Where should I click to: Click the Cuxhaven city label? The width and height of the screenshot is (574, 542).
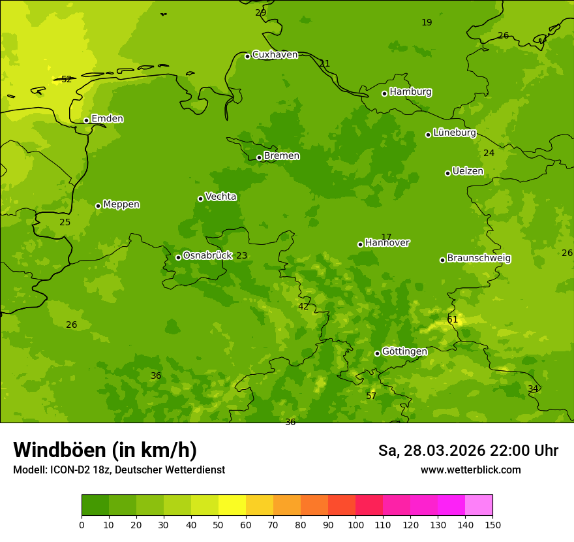point(275,55)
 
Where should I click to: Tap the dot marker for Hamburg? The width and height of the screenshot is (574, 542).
point(385,93)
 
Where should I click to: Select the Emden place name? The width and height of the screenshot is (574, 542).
point(107,119)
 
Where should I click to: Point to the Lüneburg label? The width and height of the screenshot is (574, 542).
point(454,133)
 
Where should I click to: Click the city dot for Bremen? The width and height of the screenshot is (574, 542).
point(259,157)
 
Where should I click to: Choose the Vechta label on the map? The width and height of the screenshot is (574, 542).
point(220,197)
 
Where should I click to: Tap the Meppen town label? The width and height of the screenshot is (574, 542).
point(121,204)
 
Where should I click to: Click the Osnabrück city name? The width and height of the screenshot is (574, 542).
point(207,255)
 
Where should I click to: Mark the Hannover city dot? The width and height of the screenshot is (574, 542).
point(360,244)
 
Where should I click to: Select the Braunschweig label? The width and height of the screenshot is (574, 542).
point(479,258)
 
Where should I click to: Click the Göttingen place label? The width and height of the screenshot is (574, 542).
point(404,351)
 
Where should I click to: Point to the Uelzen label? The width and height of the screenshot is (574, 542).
point(468,171)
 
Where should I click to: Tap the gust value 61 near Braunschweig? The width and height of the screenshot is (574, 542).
point(453,320)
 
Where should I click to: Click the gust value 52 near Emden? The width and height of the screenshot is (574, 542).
point(67,80)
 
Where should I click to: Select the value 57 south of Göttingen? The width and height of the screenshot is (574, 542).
point(371,396)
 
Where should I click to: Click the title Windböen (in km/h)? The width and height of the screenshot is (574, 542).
point(105,450)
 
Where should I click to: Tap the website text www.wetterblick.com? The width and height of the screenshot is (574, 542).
point(470,470)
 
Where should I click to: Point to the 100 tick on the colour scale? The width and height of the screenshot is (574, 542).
point(355,524)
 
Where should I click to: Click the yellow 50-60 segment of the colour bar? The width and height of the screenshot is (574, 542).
point(232,505)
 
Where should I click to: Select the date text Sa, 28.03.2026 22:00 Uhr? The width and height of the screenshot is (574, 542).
point(468,451)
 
